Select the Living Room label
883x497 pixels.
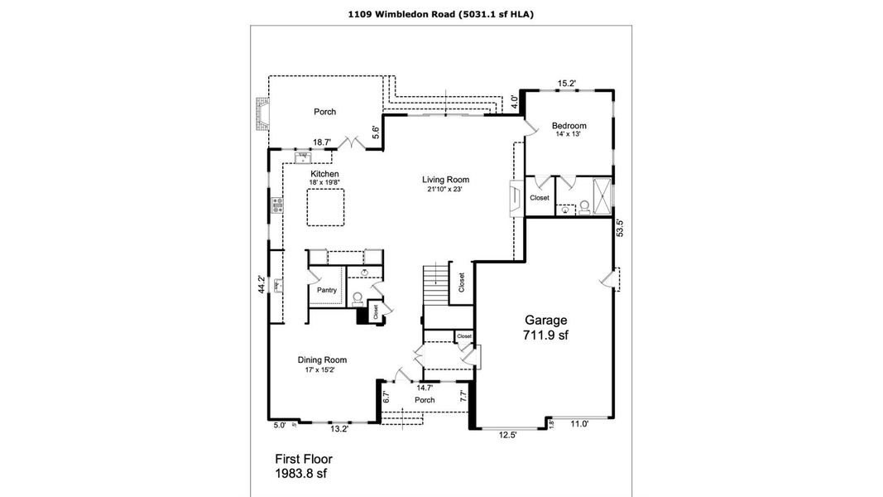[445, 180]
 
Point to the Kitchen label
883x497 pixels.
[324, 174]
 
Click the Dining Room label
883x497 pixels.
[322, 359]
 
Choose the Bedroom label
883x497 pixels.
[569, 126]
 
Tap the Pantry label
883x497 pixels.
[326, 290]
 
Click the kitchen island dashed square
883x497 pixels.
[326, 206]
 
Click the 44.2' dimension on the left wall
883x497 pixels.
[262, 285]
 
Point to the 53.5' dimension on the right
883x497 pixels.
[619, 229]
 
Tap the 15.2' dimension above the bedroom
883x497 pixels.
[566, 84]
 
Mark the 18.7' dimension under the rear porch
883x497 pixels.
[322, 142]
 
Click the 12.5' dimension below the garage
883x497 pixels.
[508, 433]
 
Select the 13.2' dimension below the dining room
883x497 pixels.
[340, 429]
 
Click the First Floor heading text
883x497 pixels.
[303, 458]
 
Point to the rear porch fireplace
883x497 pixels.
[262, 116]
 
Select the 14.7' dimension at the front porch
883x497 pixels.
[425, 387]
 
